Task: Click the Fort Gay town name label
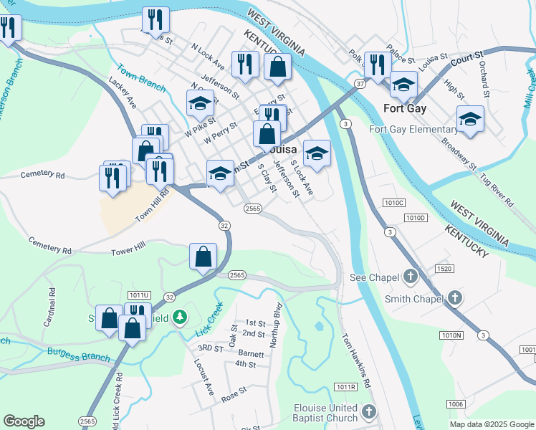(x=405, y=109)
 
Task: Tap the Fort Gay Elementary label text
(x=413, y=130)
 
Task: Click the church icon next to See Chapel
(x=411, y=276)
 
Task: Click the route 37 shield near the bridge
(x=360, y=84)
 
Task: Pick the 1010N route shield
(x=451, y=335)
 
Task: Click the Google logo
(x=24, y=421)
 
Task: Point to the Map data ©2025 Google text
(x=491, y=424)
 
